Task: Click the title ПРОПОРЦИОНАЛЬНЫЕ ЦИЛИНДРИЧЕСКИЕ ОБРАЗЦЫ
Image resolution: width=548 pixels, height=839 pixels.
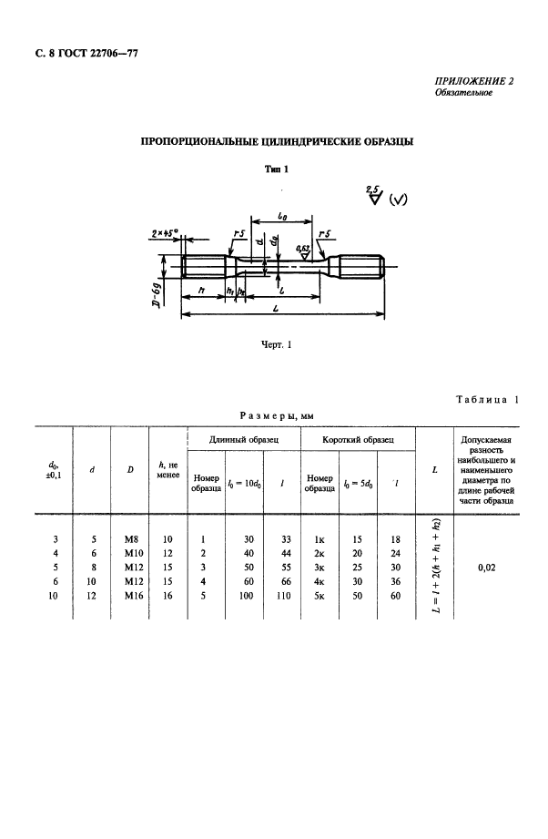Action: (x=276, y=142)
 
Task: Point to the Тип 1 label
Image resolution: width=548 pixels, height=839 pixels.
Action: (x=276, y=169)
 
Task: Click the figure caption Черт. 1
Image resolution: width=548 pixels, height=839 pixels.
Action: (x=275, y=346)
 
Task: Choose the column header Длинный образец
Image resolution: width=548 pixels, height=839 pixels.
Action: (x=243, y=439)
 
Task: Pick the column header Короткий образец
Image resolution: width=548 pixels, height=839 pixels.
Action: (x=358, y=439)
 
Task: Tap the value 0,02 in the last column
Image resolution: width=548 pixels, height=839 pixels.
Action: (x=486, y=566)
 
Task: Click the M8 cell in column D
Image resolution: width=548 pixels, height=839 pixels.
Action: (x=130, y=538)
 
